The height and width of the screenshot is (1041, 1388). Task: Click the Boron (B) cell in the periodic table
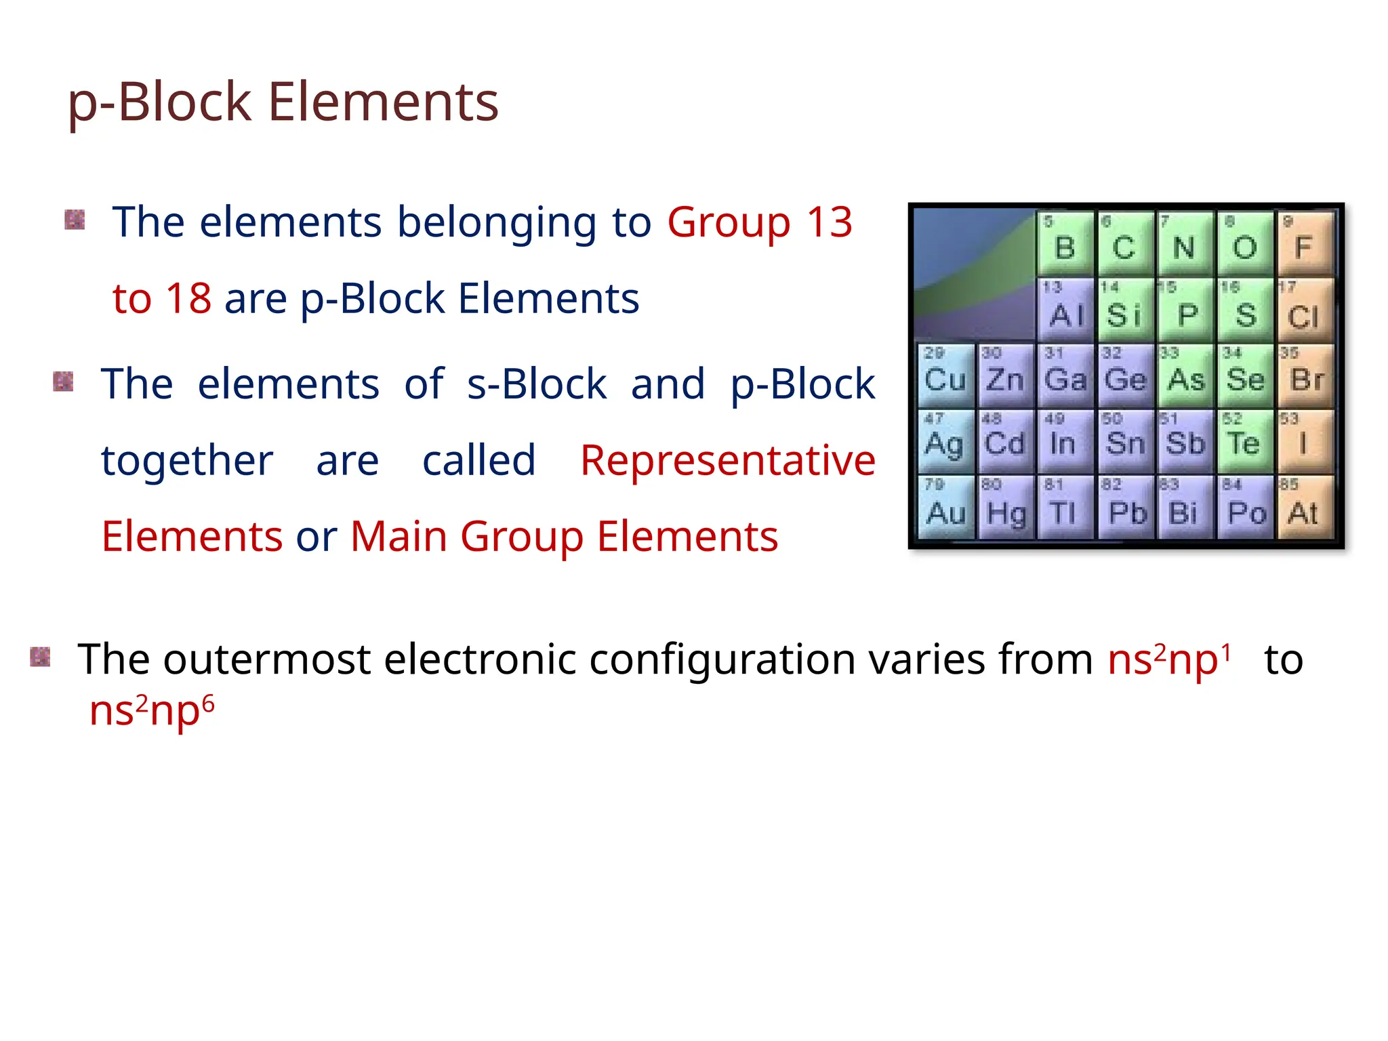[1065, 244]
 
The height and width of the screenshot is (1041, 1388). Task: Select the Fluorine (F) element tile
[1304, 244]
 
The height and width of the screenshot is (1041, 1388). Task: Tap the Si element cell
[1124, 311]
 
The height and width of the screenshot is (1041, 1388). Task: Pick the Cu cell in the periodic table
[945, 376]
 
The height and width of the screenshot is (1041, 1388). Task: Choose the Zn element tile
[1005, 376]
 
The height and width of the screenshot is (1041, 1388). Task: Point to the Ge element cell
[1125, 376]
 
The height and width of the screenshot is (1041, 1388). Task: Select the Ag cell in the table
[945, 442]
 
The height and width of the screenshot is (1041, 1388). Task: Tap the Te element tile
[1244, 442]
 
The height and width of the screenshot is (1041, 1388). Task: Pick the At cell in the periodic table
[1304, 508]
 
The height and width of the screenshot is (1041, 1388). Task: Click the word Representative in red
[728, 461]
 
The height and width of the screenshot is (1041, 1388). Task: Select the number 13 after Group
[829, 222]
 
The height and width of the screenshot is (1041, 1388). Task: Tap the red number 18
[188, 298]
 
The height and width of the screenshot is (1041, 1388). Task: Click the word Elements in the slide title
[383, 102]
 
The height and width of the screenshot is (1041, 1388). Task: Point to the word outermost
[266, 659]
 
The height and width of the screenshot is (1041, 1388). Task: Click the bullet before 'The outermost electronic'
[41, 657]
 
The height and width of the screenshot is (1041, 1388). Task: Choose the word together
[187, 461]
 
